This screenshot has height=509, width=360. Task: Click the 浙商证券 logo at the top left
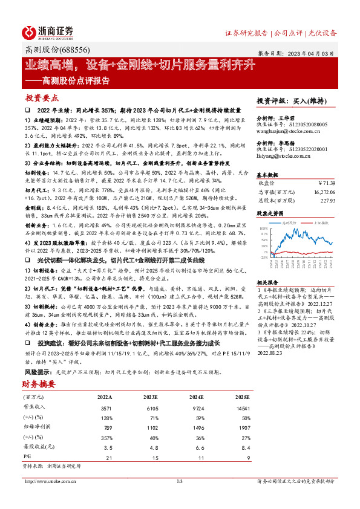click(48, 31)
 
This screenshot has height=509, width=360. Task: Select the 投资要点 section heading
click(42, 98)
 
